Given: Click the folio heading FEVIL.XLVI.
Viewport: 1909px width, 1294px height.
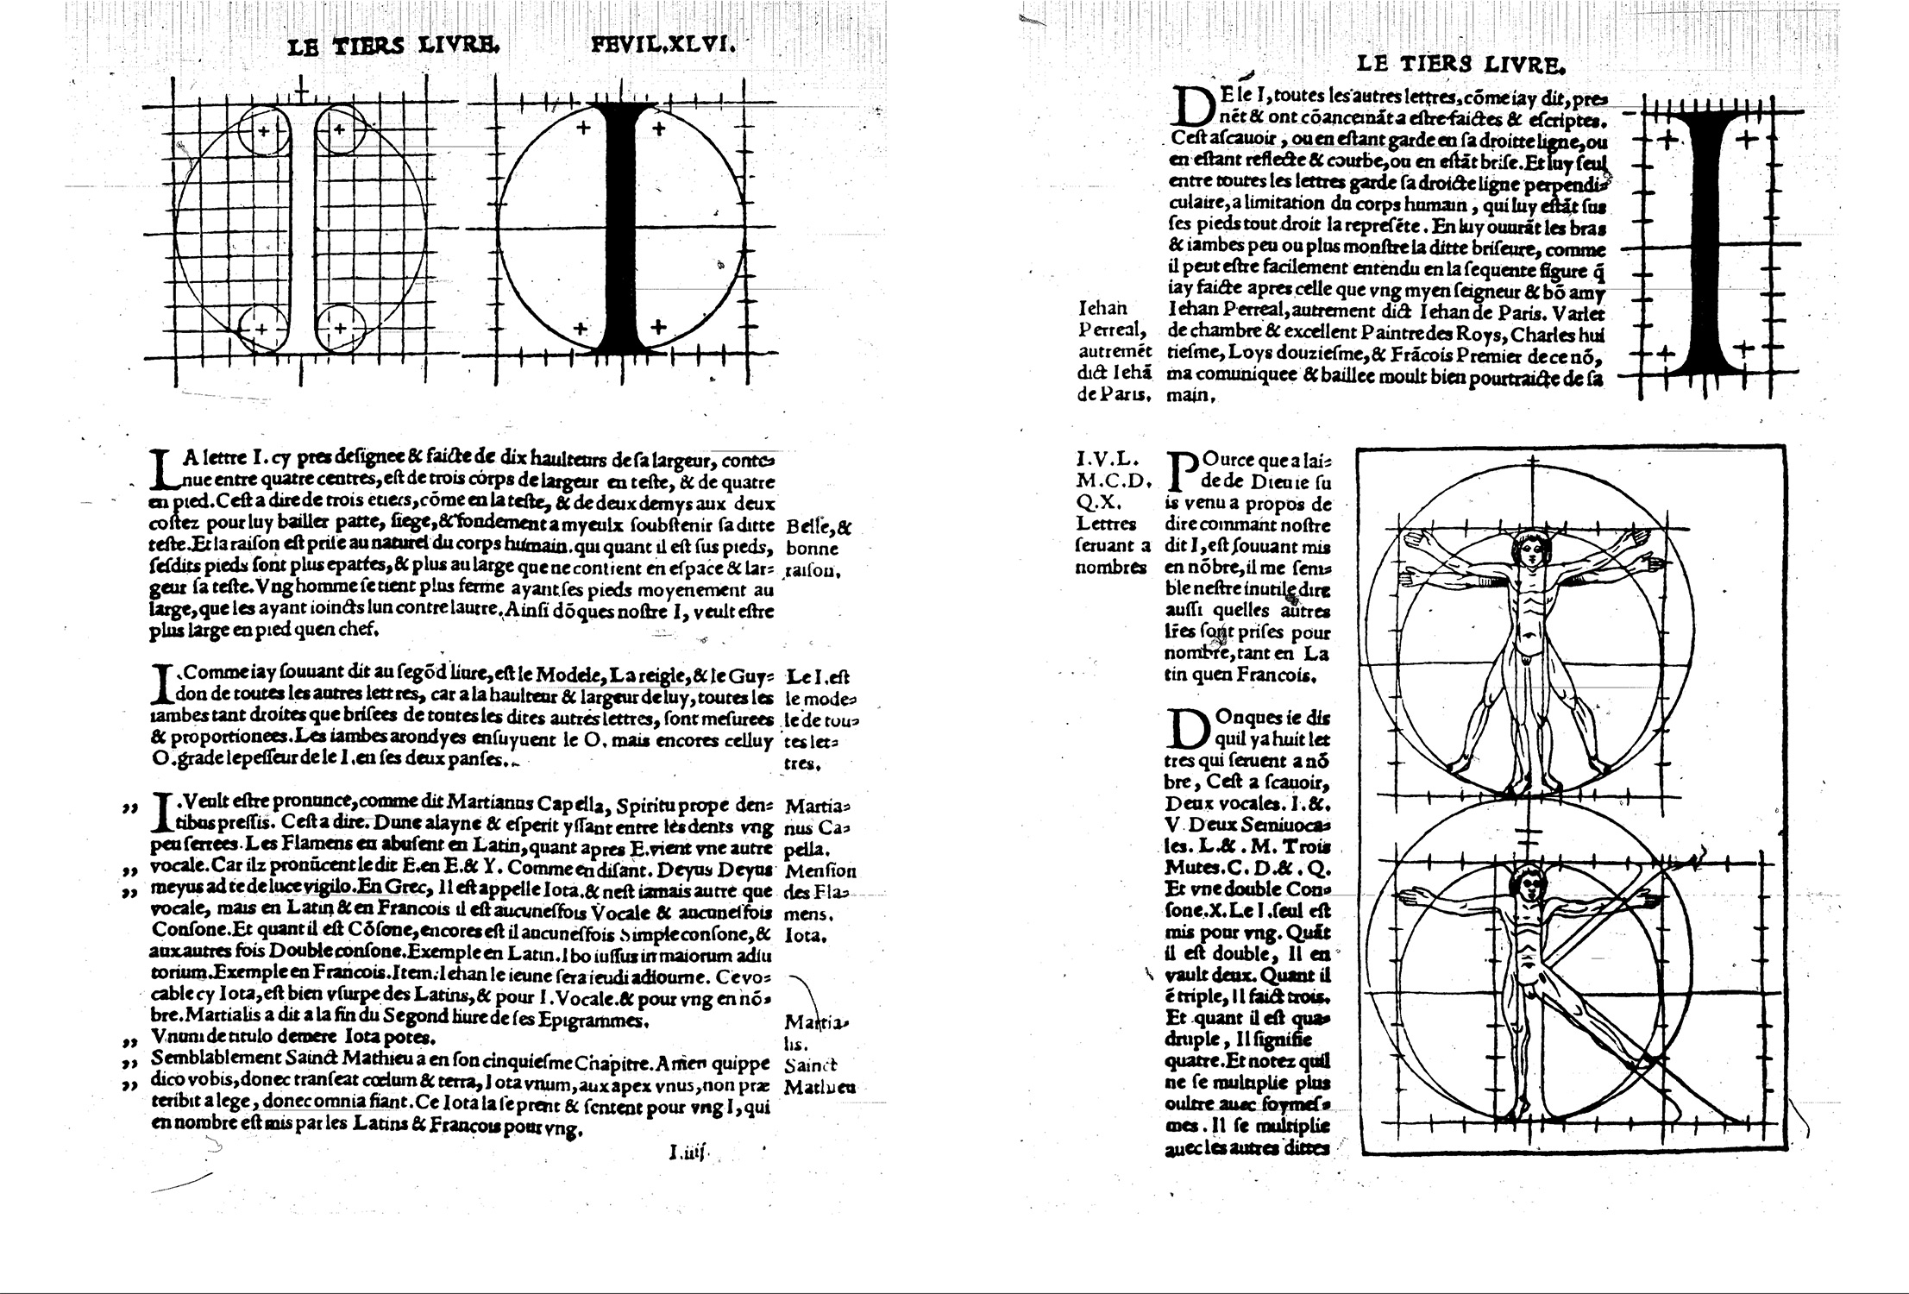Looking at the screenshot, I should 662,46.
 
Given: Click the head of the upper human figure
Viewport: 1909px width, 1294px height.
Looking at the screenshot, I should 1529,550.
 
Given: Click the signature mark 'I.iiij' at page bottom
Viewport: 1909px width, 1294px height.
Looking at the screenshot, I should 687,1150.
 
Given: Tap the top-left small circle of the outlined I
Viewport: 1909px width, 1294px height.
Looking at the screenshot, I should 262,131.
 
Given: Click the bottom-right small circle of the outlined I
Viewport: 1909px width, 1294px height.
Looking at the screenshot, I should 341,328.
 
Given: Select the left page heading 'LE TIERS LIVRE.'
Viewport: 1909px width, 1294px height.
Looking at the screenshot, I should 393,47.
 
